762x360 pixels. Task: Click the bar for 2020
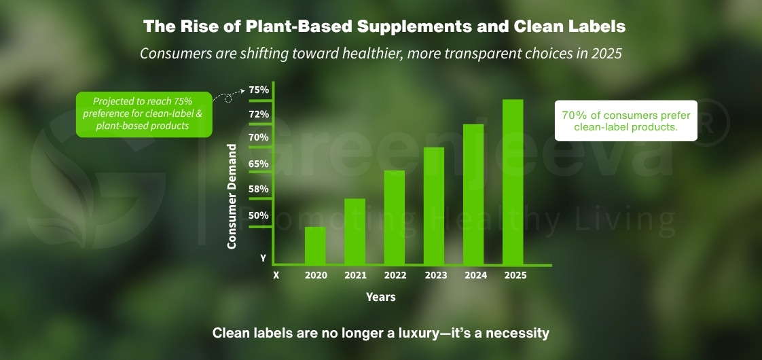tap(315, 245)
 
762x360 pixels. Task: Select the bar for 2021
tap(355, 231)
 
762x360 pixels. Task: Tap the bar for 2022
tap(395, 217)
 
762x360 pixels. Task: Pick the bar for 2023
tap(434, 205)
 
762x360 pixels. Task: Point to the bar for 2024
tap(473, 194)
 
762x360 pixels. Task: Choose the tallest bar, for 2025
tap(513, 181)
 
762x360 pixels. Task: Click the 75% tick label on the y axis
tap(259, 90)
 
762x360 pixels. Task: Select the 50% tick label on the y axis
tap(259, 215)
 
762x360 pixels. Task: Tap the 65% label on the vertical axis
tap(259, 164)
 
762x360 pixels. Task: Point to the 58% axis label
tap(259, 189)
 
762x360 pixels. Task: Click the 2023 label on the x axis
tap(435, 276)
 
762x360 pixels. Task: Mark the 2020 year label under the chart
tap(316, 276)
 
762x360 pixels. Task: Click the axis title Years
tap(380, 297)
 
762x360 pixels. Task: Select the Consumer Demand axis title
tap(232, 196)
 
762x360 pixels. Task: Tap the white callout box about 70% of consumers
tap(625, 121)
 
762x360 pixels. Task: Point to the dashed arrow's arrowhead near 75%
tap(242, 89)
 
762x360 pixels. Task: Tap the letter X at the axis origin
tap(276, 276)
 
